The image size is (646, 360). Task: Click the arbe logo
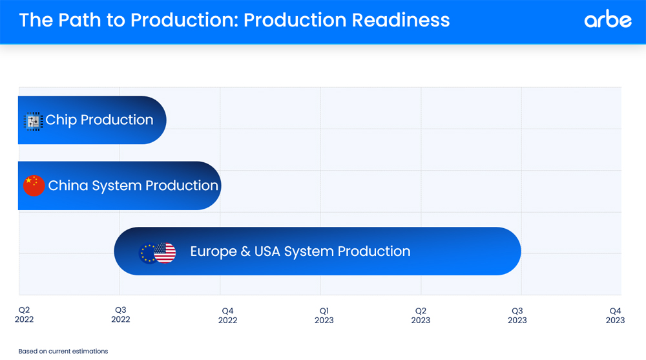coord(608,19)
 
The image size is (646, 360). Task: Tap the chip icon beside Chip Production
coord(34,122)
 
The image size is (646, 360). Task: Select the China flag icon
coord(34,185)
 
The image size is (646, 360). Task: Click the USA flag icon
coord(165,253)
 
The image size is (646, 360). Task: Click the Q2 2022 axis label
coord(25,315)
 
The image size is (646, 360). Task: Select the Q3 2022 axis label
coord(121,315)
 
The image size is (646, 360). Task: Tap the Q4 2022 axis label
coord(228,315)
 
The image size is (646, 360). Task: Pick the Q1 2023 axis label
coord(324,315)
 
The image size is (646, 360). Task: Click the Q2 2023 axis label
coord(421,315)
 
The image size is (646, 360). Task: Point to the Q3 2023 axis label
coord(517,315)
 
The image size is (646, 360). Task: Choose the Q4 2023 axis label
coord(615,315)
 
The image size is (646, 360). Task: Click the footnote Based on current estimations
coord(63,352)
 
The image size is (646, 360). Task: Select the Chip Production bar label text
coord(99,120)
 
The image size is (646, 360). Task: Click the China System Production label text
coord(133,185)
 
